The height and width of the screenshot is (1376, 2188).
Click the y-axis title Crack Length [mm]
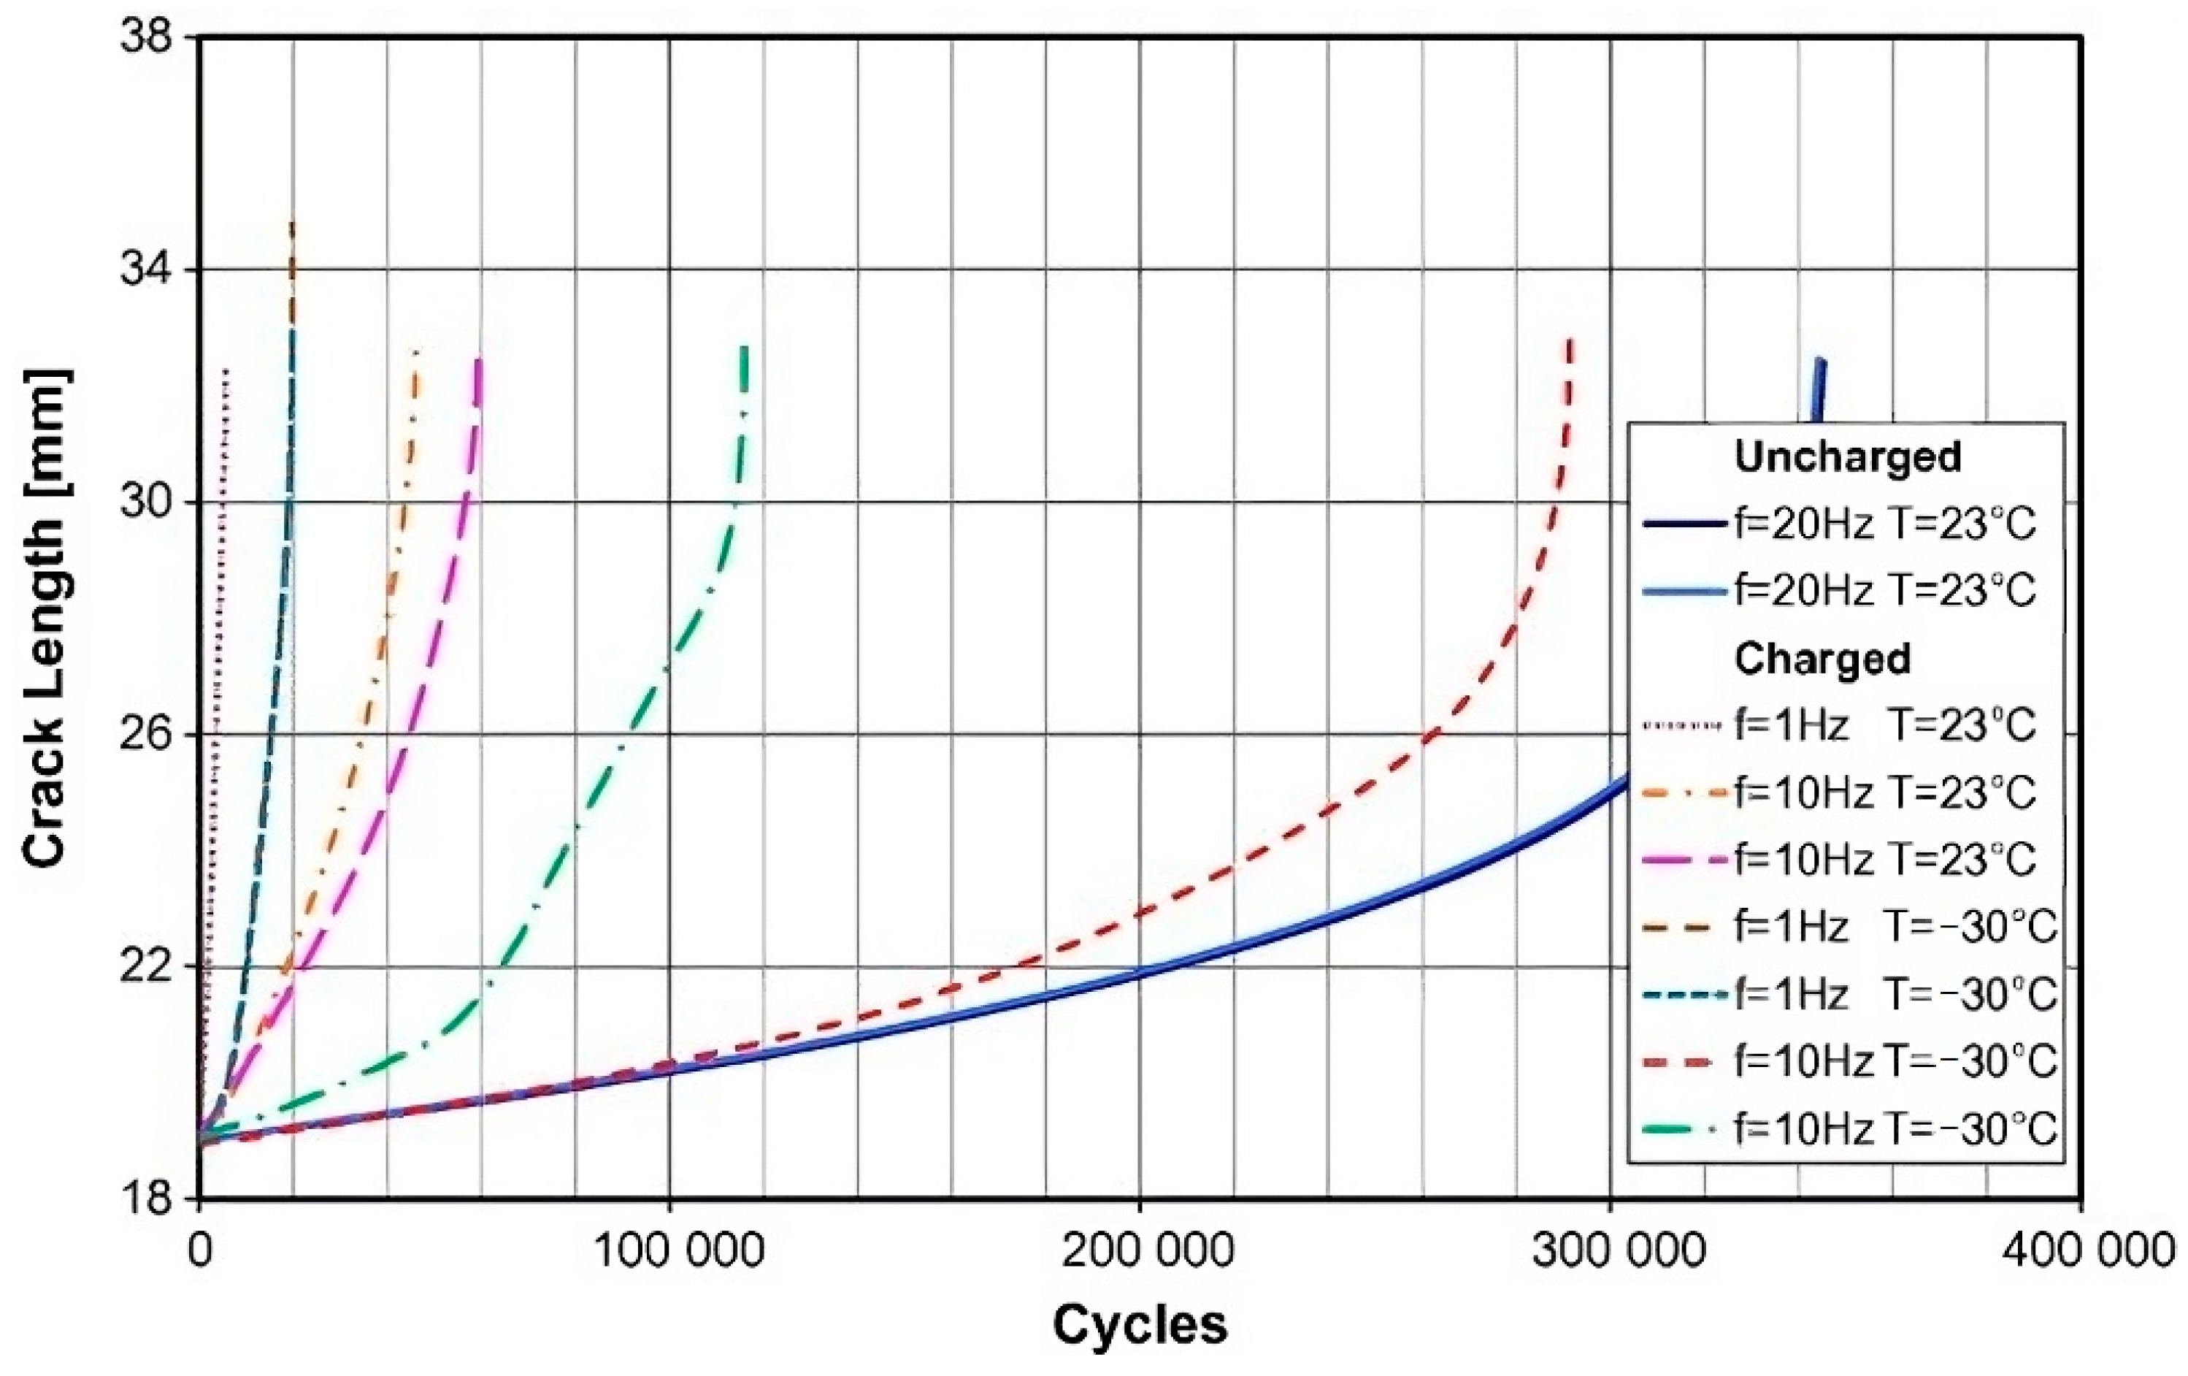45,619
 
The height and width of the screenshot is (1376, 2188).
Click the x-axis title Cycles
1140,1324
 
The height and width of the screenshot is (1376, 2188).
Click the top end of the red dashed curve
1569,342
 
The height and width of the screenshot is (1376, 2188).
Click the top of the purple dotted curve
226,371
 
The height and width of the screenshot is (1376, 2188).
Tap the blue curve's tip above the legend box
1820,362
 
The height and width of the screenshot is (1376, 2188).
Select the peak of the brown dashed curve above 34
292,223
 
